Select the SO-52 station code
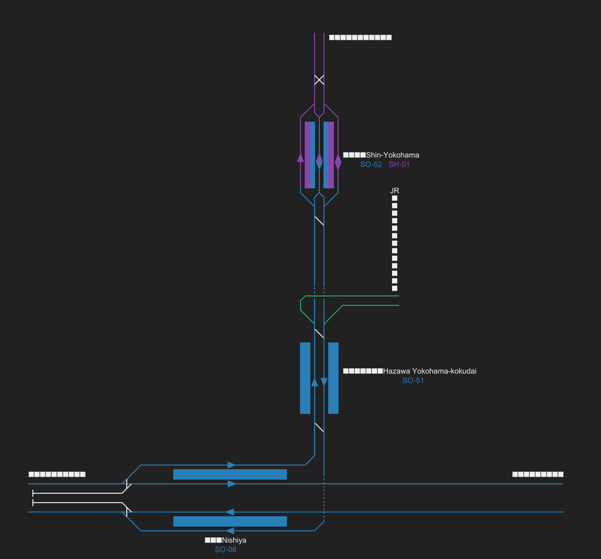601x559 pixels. tap(371, 164)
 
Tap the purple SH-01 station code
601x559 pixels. tap(399, 164)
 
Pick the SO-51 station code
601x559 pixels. tap(413, 380)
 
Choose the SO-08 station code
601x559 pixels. tap(225, 550)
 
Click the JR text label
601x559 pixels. tap(394, 191)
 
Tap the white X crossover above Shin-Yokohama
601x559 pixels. tap(319, 80)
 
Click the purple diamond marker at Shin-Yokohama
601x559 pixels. tap(338, 162)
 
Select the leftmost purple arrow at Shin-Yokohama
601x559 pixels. tap(300, 157)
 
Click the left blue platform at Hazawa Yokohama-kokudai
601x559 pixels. tap(305, 378)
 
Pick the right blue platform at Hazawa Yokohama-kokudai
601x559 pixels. tap(333, 378)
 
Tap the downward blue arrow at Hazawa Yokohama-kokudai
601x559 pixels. tap(324, 381)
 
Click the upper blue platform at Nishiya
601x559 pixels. tap(230, 474)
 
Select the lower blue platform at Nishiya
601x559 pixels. tap(230, 521)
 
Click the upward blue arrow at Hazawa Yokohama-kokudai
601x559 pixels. tap(315, 382)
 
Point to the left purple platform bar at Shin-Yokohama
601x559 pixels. tap(308, 155)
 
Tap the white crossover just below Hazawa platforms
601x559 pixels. tap(319, 427)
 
